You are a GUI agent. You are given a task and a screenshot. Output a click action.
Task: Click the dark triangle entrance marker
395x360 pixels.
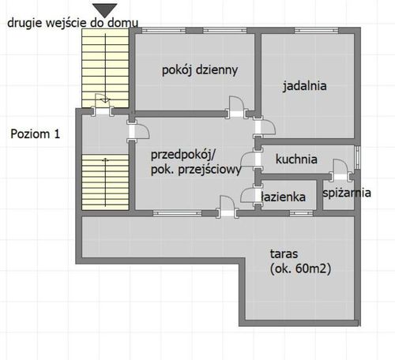(105, 10)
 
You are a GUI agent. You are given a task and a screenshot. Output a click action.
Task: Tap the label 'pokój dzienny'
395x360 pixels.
(200, 70)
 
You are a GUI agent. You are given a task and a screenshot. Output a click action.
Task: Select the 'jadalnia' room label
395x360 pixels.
(305, 86)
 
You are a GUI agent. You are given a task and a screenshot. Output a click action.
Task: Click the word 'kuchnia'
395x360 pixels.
(296, 159)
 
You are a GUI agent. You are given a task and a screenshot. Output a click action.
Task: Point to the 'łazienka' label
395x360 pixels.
(284, 197)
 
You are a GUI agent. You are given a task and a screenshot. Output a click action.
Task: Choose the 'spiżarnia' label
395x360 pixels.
(347, 193)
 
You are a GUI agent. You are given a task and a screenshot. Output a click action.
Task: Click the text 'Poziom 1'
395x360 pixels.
(36, 134)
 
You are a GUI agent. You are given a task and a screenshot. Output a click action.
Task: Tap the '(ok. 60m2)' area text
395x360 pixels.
(300, 269)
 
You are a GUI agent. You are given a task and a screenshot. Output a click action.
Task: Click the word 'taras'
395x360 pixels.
(284, 254)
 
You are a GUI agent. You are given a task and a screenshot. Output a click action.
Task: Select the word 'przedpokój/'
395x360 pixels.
(183, 155)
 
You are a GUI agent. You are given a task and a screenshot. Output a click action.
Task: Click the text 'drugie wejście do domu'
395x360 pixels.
(73, 23)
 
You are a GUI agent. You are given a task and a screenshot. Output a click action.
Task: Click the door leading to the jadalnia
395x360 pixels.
(264, 128)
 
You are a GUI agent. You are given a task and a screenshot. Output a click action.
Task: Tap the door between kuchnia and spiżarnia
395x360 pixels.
(340, 170)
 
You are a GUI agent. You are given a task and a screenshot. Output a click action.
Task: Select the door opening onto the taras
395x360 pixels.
(227, 207)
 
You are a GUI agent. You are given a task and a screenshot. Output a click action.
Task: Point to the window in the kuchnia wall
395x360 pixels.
(357, 157)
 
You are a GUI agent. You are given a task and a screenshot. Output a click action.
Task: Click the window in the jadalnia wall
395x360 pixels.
(316, 31)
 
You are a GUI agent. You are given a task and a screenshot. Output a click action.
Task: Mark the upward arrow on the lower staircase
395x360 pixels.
(105, 182)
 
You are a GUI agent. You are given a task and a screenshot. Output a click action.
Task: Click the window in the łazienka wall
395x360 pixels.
(301, 213)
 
